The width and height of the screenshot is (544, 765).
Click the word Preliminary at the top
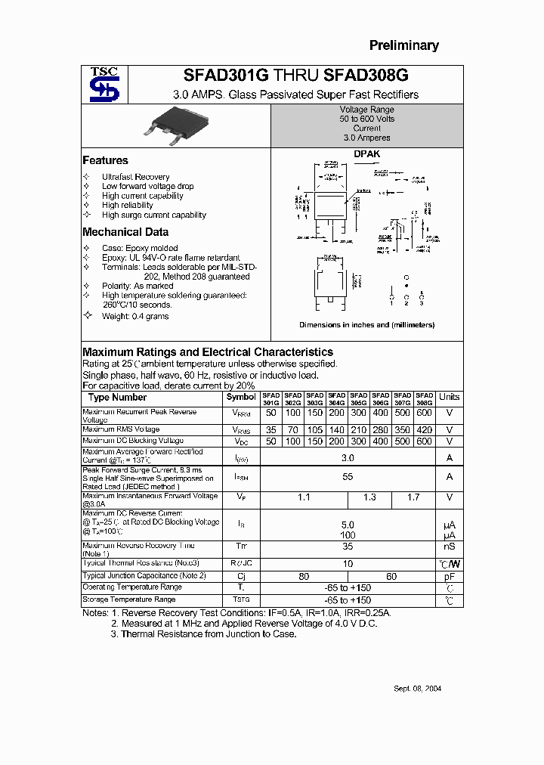point(403,45)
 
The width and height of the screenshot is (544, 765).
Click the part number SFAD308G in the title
point(366,76)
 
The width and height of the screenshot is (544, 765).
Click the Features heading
point(105,160)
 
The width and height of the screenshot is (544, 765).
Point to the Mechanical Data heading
point(125,232)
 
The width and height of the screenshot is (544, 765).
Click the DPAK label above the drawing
point(367,154)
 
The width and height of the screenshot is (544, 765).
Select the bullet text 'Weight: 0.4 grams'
point(135,316)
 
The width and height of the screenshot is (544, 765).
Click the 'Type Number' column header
point(117,398)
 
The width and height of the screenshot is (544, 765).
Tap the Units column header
point(450,398)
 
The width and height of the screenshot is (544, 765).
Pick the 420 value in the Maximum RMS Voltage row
point(425,429)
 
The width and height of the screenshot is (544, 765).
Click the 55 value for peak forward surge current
point(348,477)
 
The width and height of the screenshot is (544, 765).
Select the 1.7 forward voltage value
point(413,498)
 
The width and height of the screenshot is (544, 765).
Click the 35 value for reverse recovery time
point(348,547)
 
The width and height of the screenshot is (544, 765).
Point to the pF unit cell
point(450,576)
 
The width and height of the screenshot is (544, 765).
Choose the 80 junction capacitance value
point(304,576)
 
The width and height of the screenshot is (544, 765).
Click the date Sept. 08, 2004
point(418,689)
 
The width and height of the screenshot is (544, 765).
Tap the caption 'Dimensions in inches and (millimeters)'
point(366,325)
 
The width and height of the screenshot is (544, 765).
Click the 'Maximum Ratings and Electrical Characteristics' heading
point(208,352)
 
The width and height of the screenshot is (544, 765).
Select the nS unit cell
point(450,547)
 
